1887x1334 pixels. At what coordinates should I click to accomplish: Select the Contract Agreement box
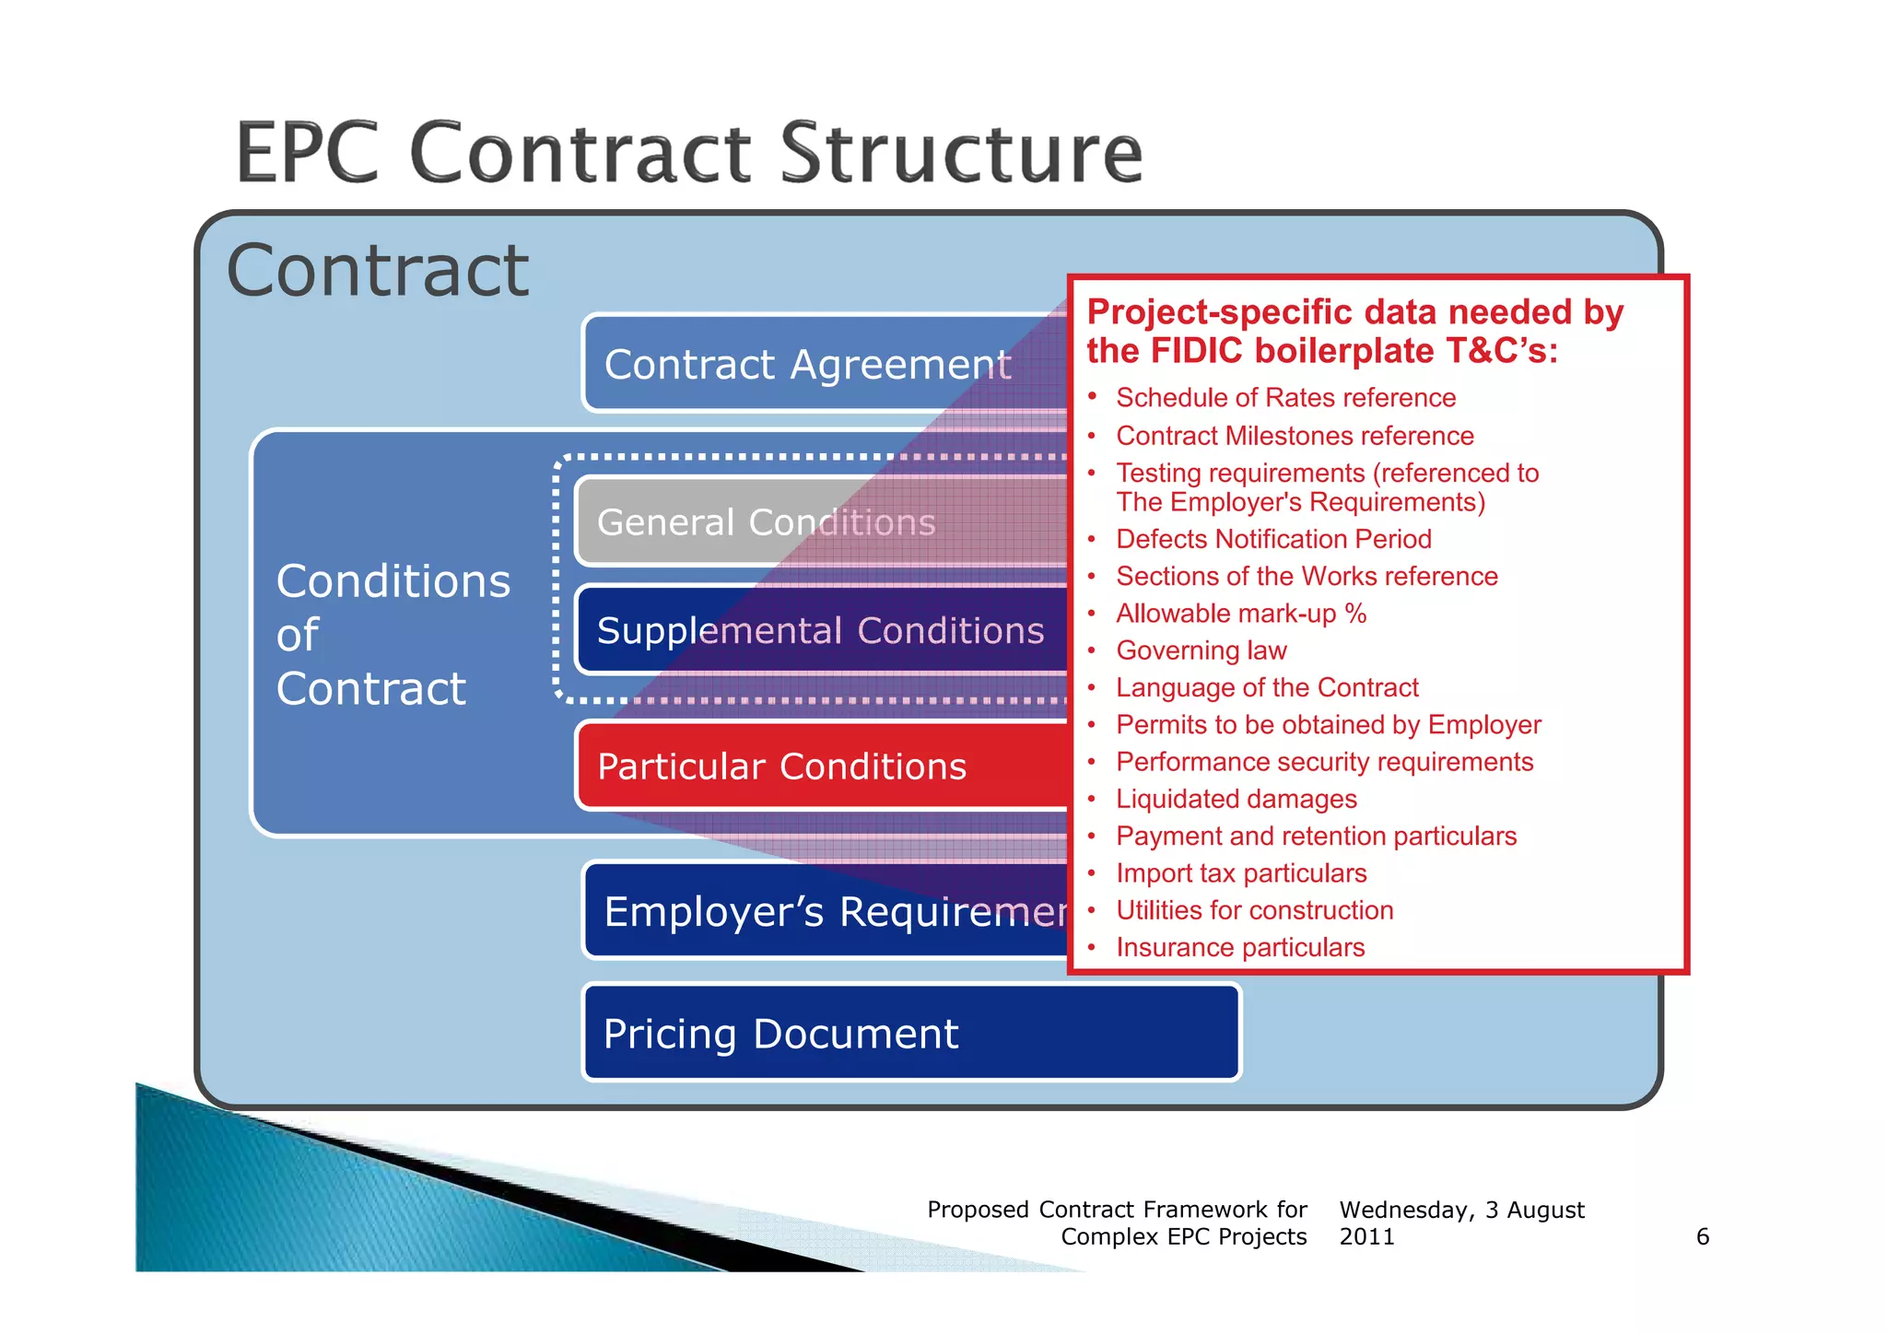(807, 364)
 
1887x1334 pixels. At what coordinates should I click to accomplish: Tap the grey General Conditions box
(766, 522)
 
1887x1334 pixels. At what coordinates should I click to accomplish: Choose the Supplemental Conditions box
(820, 631)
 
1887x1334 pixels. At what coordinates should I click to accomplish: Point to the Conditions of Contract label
(393, 635)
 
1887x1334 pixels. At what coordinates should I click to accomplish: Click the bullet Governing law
(1201, 650)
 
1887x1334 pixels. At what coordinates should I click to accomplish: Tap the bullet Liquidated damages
(1237, 799)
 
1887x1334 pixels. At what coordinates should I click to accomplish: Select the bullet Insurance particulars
(1240, 947)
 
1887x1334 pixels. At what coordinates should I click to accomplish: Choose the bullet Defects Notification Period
(1273, 539)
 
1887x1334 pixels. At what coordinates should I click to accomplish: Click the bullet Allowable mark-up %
(1241, 614)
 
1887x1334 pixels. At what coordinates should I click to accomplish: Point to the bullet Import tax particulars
(1241, 873)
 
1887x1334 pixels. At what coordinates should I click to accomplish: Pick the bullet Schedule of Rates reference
(1285, 397)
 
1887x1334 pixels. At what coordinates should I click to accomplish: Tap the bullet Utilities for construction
(1255, 910)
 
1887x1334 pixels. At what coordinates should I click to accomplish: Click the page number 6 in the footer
(1703, 1236)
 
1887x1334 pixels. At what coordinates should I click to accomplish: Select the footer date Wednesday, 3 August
(1461, 1210)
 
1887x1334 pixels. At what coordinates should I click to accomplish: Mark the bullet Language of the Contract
(1267, 687)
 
